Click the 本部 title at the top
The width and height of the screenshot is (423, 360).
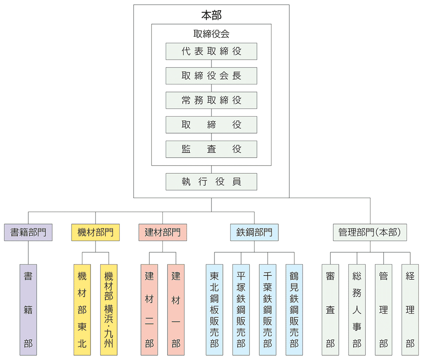pos(211,15)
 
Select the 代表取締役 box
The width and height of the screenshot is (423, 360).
pos(211,51)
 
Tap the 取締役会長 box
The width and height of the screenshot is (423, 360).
pos(211,76)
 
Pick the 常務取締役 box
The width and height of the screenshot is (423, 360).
pos(211,100)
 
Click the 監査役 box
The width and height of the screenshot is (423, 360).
pos(211,149)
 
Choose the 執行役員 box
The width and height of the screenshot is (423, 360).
pos(211,182)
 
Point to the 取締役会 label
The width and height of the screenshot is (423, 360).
pos(211,34)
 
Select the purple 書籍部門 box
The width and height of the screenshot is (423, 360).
pos(28,232)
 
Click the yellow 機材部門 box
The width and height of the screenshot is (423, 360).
pos(96,232)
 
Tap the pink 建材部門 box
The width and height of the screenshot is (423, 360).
pos(162,232)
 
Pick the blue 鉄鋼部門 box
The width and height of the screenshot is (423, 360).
pos(254,232)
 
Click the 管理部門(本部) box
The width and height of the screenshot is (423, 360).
pos(370,232)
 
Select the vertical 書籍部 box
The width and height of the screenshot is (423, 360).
pos(28,310)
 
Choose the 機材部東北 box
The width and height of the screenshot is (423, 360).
pos(82,310)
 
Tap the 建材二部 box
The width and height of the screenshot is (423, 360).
pos(149,310)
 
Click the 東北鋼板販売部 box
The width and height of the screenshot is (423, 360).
pos(214,310)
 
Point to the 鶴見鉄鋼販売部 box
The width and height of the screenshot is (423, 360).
pos(294,310)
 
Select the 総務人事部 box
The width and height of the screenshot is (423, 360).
pos(357,310)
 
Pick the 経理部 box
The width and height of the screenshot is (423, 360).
pos(410,310)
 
